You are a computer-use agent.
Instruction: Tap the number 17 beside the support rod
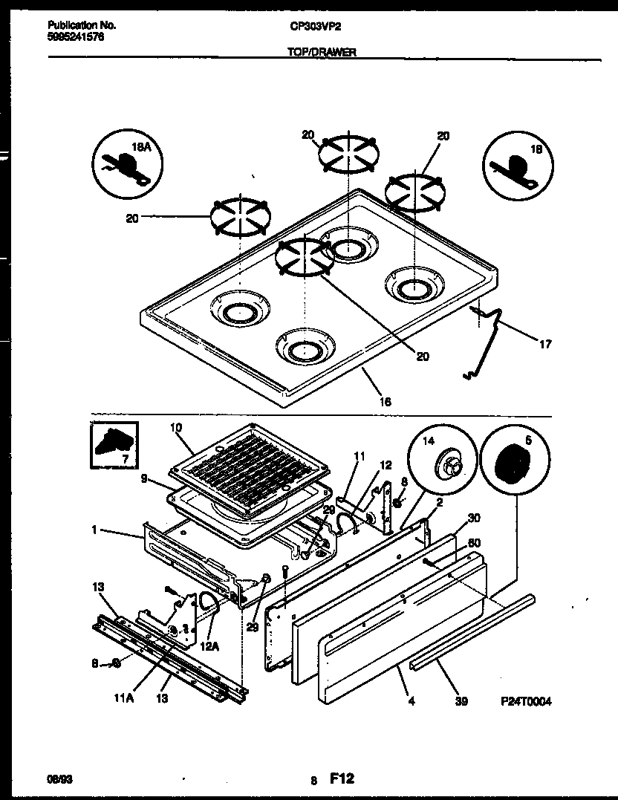tap(545, 344)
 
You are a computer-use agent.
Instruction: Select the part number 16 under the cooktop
tap(385, 402)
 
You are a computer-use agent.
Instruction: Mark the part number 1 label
tap(94, 531)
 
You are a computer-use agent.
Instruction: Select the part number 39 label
tap(461, 700)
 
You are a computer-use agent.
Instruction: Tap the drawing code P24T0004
tap(526, 700)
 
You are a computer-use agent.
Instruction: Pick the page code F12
tap(342, 778)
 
